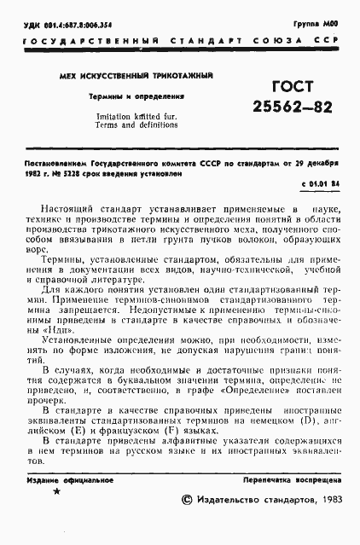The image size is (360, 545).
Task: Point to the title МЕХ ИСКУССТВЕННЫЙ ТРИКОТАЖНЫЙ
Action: (x=135, y=77)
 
